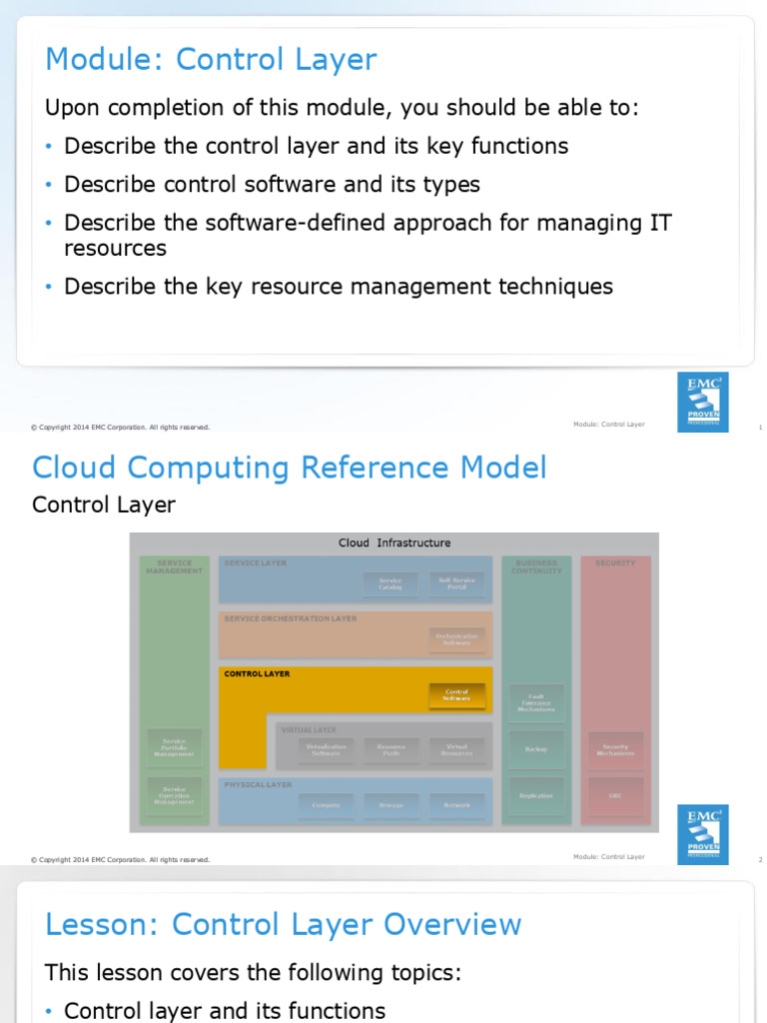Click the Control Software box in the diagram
(456, 694)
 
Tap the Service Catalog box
(389, 583)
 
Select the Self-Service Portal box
(456, 583)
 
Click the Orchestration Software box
(456, 639)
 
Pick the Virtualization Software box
(326, 748)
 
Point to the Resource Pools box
(390, 748)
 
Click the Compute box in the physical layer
(326, 804)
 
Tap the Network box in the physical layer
(456, 804)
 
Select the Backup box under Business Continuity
(536, 748)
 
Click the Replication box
(536, 795)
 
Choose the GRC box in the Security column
(615, 795)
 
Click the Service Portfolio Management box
(174, 748)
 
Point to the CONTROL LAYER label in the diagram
(257, 674)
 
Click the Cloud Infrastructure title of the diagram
(394, 543)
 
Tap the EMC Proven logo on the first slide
(702, 402)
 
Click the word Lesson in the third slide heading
(103, 925)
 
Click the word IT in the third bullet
(660, 223)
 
